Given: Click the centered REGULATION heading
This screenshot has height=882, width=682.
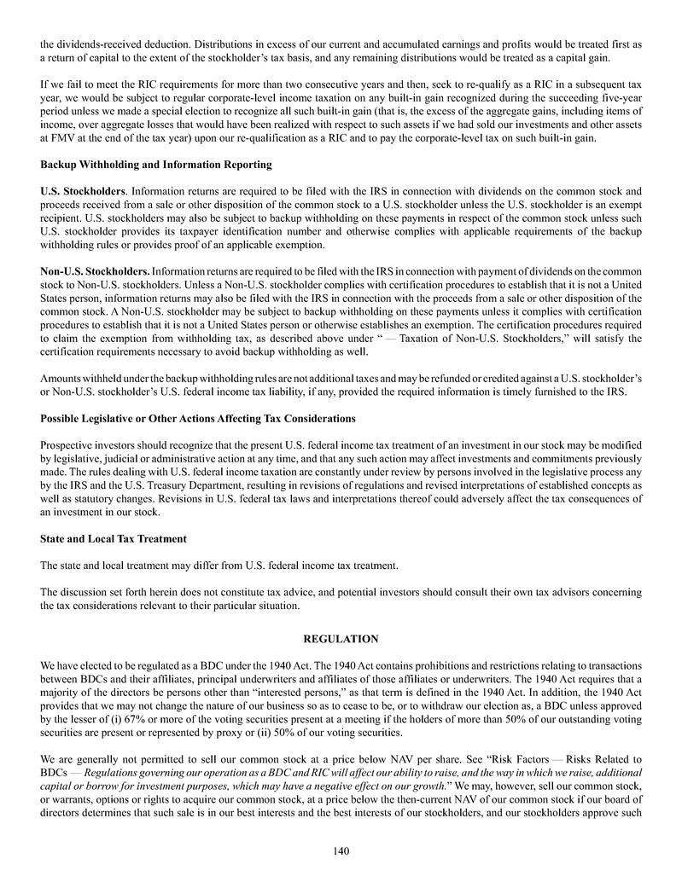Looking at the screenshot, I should pos(341,638).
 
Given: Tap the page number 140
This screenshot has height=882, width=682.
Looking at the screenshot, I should pos(341,850).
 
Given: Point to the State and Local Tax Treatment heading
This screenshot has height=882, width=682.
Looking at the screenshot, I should pos(114,539).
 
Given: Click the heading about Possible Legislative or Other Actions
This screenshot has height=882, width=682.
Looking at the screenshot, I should pos(197,418).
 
